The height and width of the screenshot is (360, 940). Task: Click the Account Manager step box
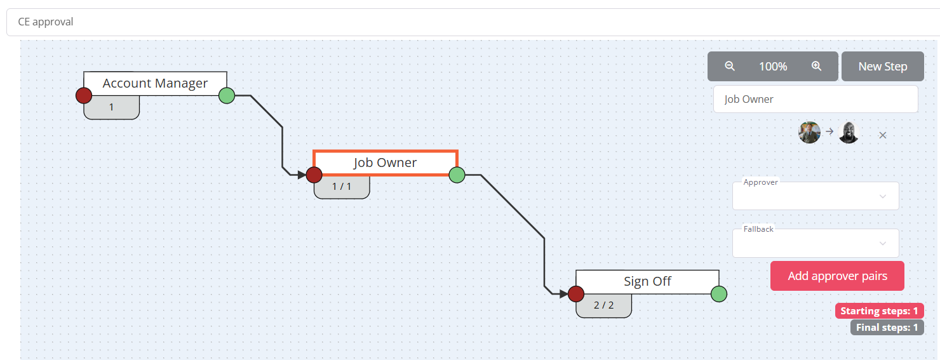point(155,83)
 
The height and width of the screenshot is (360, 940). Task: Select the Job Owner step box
point(385,163)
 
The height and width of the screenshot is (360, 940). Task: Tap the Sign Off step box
point(647,281)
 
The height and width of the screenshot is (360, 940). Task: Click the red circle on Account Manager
point(84,96)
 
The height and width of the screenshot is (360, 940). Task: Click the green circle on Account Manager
point(227,96)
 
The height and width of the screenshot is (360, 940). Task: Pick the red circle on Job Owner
point(314,175)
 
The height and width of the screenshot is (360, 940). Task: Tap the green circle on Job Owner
point(457,175)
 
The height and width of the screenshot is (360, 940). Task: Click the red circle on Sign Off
point(576,294)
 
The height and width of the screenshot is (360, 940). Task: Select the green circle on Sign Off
point(719,294)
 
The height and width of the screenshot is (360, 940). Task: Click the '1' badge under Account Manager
point(112,107)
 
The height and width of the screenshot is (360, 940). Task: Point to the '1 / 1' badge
point(342,187)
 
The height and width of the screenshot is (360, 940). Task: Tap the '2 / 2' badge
point(604,305)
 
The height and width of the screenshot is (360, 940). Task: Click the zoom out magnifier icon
point(730,66)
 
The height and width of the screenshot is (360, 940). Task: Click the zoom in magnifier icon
point(817,66)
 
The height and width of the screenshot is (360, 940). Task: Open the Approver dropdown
point(816,196)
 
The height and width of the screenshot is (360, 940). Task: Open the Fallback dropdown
point(816,243)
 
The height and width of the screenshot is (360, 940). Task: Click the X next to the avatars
point(882,135)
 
